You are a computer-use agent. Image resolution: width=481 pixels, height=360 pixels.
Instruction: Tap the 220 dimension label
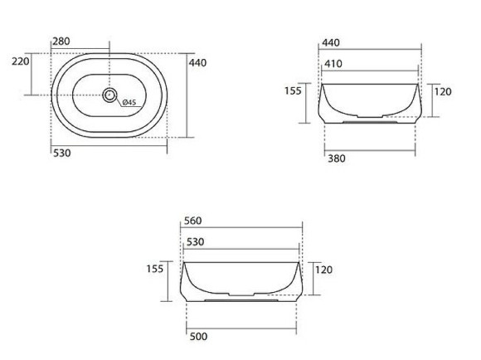20,61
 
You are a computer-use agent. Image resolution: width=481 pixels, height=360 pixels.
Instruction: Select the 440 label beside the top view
197,62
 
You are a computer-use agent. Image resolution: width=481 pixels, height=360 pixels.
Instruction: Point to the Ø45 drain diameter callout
129,103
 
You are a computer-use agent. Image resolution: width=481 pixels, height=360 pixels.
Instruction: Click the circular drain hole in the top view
109,95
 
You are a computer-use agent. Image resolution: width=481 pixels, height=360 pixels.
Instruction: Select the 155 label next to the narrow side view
293,91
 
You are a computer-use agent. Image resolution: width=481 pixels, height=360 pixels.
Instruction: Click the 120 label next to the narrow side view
443,91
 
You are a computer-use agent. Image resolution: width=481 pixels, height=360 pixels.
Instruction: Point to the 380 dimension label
336,158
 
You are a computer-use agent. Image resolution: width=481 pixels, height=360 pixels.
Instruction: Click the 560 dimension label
192,221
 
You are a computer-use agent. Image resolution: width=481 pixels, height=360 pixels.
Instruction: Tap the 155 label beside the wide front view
155,270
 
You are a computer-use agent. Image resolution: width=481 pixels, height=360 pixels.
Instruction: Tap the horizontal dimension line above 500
241,328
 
